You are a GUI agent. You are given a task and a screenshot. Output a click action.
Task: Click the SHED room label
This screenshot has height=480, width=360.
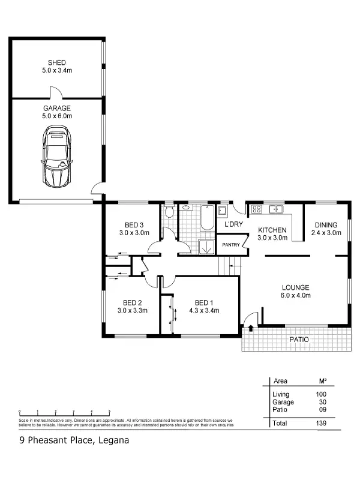pyautogui.click(x=57, y=62)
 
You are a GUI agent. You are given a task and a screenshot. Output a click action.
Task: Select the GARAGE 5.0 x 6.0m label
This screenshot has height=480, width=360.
pyautogui.click(x=57, y=112)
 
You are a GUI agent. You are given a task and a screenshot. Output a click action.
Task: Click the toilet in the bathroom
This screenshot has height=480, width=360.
pyautogui.click(x=170, y=212)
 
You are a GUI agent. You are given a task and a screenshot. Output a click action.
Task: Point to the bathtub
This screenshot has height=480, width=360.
pyautogui.click(x=206, y=218)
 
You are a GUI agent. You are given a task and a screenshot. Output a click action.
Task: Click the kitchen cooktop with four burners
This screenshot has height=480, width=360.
pyautogui.click(x=256, y=209)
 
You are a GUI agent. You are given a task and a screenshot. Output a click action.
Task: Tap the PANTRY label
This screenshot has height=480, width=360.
pyautogui.click(x=231, y=245)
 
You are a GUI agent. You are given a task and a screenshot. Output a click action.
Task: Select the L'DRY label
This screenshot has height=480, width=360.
pyautogui.click(x=233, y=224)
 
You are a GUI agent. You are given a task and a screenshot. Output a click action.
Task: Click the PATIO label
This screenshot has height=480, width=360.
pyautogui.click(x=299, y=339)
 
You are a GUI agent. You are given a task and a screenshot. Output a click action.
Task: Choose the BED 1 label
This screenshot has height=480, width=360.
pyautogui.click(x=204, y=302)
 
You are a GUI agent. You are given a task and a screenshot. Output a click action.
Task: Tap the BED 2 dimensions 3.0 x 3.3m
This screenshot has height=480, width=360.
pyautogui.click(x=133, y=311)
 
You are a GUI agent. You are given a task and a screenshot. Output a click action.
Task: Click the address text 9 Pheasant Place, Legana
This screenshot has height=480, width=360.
pyautogui.click(x=73, y=440)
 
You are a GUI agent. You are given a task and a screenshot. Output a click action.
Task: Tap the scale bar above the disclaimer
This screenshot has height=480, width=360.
pyautogui.click(x=65, y=413)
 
